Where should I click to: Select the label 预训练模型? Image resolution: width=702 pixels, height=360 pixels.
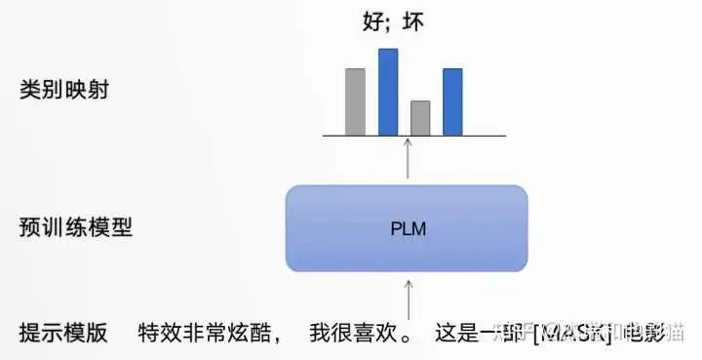(x=75, y=228)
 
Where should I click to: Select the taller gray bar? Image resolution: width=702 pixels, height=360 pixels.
(x=355, y=101)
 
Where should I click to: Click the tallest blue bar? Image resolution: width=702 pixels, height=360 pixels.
(x=388, y=92)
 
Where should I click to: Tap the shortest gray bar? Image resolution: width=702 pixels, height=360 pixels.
(x=420, y=117)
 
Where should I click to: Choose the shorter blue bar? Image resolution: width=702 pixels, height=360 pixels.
(x=452, y=101)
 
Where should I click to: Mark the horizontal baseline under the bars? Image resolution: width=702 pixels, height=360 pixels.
(x=414, y=136)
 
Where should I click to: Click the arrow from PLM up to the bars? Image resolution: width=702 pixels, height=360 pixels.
(x=408, y=159)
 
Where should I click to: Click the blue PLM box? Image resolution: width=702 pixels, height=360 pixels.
(x=407, y=228)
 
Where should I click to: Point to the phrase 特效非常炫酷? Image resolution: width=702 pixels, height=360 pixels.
(x=203, y=332)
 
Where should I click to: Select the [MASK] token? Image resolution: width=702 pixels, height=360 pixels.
(x=571, y=333)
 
